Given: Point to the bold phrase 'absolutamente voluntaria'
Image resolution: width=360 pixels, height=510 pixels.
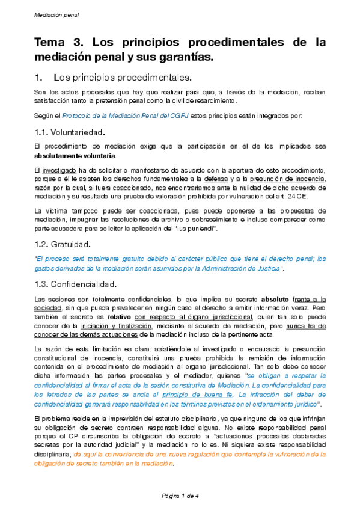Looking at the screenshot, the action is point(75,156).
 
